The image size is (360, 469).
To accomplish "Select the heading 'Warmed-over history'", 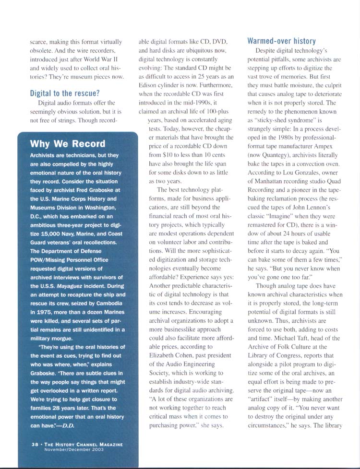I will tap(281, 41).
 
